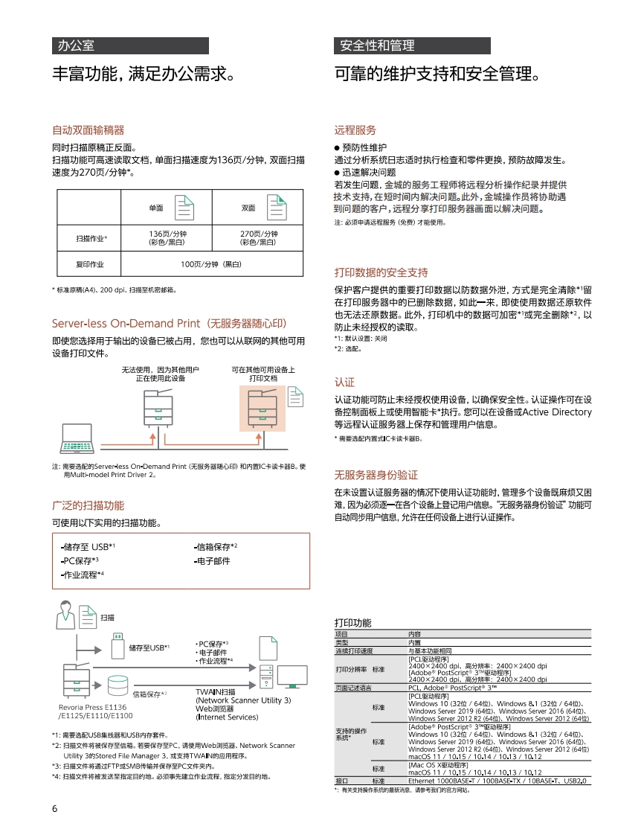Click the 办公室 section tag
coord(77,45)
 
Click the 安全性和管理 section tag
coord(376,45)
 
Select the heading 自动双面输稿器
coord(88,129)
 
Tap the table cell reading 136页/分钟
coord(167,237)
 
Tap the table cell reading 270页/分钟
coord(257,237)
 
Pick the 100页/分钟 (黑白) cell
coord(212,264)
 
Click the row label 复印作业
coord(89,264)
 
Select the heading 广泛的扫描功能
coord(88,505)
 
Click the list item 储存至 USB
coord(87,547)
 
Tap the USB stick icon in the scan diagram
coord(119,647)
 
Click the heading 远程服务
coord(355,129)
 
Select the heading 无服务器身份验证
coord(376,475)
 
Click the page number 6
coord(55,809)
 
